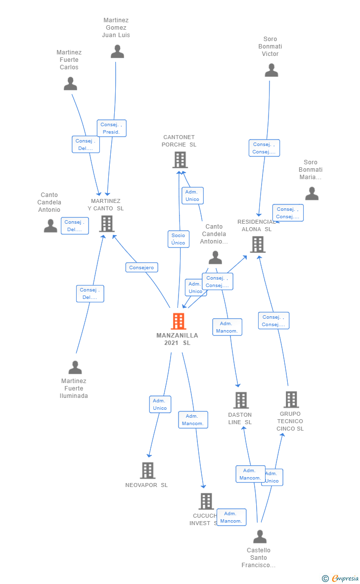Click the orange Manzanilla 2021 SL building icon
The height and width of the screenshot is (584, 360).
(x=179, y=321)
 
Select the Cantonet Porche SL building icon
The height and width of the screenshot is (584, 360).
(x=180, y=160)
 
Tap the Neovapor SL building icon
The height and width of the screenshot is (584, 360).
(x=147, y=470)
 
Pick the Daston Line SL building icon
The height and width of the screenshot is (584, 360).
(x=241, y=400)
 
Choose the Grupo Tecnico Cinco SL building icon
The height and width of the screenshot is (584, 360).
(x=291, y=399)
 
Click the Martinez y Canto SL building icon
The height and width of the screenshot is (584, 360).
(x=107, y=224)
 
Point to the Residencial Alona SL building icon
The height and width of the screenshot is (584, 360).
(x=257, y=244)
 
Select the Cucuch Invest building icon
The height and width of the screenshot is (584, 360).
(x=206, y=501)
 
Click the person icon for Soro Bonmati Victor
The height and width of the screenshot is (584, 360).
(x=271, y=70)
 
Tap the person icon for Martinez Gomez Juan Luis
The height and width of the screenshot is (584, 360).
(x=117, y=51)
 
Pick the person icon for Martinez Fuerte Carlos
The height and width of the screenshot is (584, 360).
(x=70, y=84)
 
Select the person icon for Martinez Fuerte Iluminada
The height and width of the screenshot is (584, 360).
(x=75, y=367)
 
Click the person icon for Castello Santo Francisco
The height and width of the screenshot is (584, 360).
(x=260, y=536)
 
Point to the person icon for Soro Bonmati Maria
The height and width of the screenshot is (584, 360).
(x=312, y=194)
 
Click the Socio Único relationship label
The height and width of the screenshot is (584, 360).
(x=178, y=239)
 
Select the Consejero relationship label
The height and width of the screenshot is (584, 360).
(x=141, y=267)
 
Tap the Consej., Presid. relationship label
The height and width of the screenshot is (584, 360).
(x=111, y=128)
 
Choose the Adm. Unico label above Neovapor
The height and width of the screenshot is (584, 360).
(x=160, y=404)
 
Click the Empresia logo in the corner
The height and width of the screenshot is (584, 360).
(x=341, y=578)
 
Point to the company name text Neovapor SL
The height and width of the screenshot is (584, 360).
(x=146, y=485)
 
